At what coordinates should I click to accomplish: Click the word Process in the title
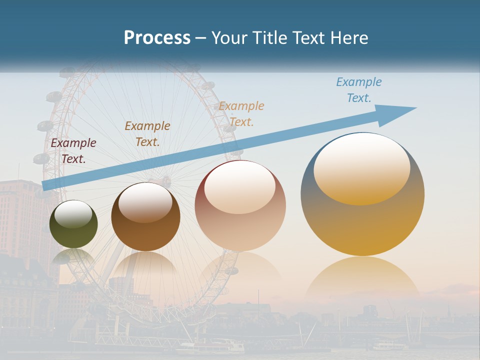tap(157, 38)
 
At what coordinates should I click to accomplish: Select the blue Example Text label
tap(359, 90)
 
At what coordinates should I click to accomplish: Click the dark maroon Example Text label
tap(73, 151)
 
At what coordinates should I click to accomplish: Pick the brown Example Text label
tap(147, 134)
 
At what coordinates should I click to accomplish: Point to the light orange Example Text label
tap(241, 114)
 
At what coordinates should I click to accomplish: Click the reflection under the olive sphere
tap(73, 256)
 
